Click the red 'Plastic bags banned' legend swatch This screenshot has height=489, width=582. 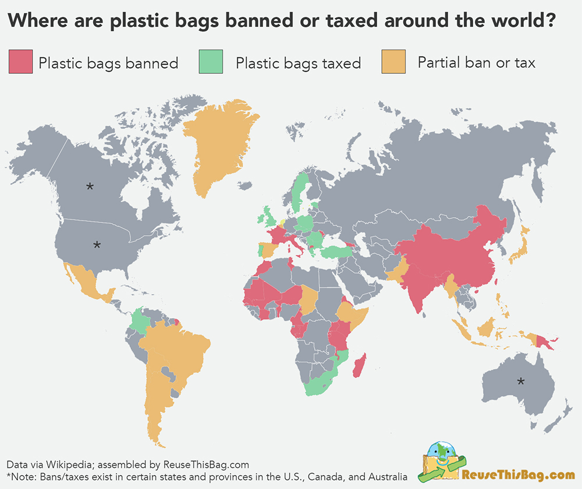coord(20,62)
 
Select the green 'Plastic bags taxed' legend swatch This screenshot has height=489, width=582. coord(211,62)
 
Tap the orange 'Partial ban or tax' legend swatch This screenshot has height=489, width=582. coord(393,62)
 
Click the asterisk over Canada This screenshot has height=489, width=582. coord(90,187)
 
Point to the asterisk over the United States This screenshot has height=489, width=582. coord(97,245)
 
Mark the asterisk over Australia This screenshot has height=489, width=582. coord(521,382)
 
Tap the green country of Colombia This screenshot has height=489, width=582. coord(139,321)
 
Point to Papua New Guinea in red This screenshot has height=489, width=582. coord(544,342)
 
